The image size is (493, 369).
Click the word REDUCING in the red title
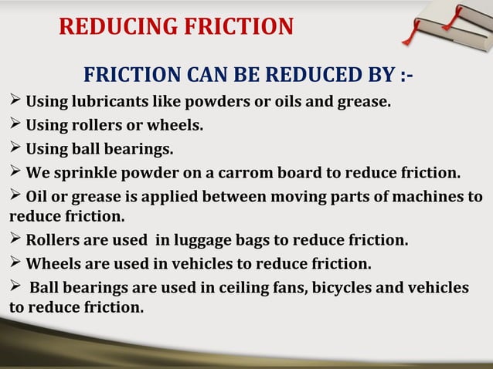[x=111, y=26]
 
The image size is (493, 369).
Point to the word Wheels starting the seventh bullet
[x=53, y=264]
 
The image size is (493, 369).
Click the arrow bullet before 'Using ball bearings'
[x=15, y=147]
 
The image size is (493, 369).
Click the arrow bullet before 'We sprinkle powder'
[x=15, y=171]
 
